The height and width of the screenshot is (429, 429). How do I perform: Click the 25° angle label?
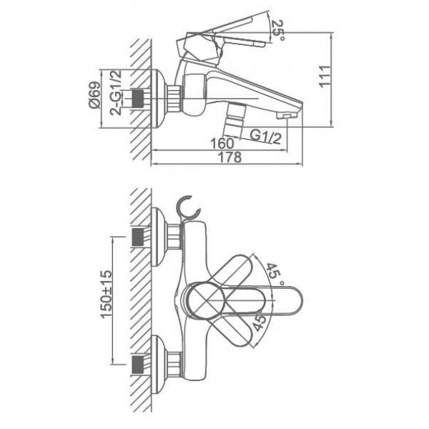278,30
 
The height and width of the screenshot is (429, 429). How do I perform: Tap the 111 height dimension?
325,77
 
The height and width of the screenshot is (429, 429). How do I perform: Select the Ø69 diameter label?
94,94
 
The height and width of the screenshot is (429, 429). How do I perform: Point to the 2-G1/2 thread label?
116,92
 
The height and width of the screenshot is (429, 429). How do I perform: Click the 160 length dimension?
222,143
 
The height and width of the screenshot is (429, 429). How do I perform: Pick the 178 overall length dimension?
230,157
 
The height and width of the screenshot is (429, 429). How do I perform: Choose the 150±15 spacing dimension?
107,295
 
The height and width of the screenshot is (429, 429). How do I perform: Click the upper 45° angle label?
273,272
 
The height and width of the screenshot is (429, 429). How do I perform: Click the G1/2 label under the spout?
265,137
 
